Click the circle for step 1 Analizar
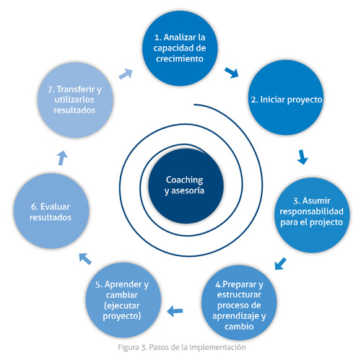[180, 48]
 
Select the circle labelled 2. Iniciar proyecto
[286, 97]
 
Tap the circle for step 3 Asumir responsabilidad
[312, 215]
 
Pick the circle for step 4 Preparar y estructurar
[239, 302]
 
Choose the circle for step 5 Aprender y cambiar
[123, 300]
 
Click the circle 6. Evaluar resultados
[51, 211]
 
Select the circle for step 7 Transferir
[75, 100]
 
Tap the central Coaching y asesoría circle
[186, 186]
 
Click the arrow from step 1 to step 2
[232, 73]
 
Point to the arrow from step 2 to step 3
[303, 157]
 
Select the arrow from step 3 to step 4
[280, 264]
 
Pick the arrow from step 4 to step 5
[175, 311]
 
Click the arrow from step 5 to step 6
[85, 259]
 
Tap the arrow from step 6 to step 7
[62, 158]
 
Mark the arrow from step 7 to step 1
[126, 74]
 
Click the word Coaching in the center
[185, 180]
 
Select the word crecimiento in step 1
[180, 58]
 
